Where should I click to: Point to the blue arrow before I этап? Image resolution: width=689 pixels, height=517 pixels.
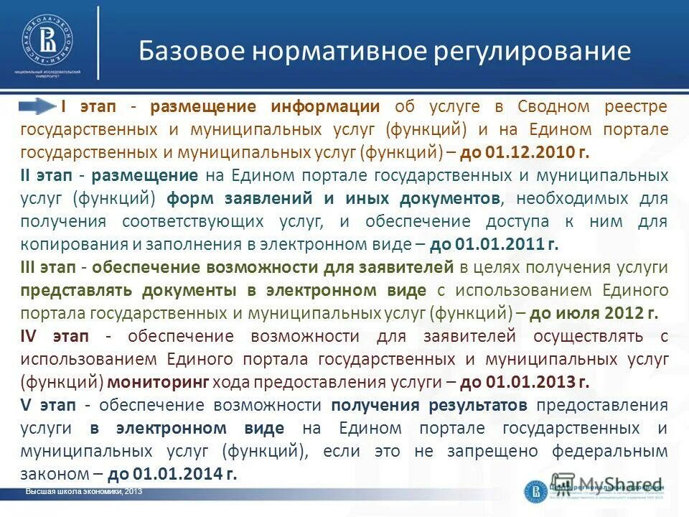coord(39,107)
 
